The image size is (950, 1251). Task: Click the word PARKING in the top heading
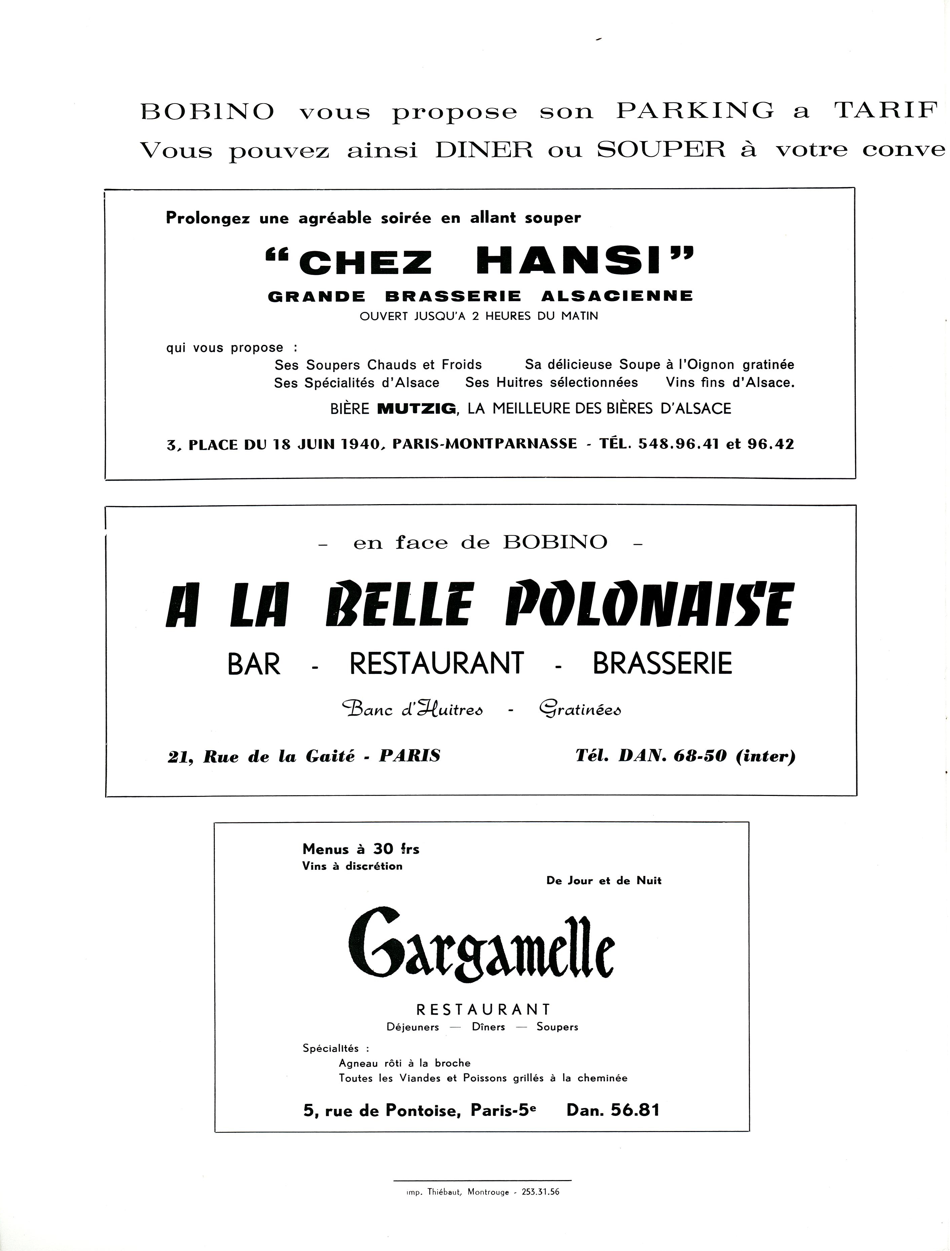tap(695, 111)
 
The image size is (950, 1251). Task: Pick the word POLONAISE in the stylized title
tap(650, 605)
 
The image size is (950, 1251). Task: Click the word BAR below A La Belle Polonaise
tap(254, 664)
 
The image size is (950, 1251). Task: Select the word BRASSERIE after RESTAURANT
tap(662, 664)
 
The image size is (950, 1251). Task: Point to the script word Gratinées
tap(580, 709)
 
